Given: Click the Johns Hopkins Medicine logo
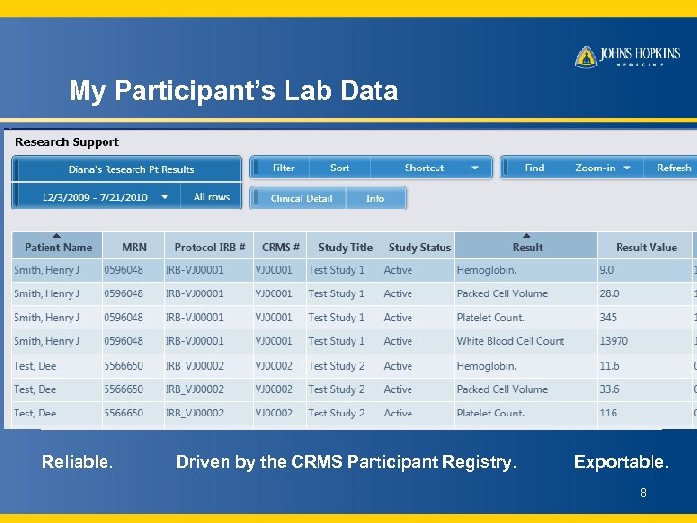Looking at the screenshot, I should pos(627,56).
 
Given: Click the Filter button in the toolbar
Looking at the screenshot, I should pos(284,168).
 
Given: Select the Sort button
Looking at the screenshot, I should pos(340,168).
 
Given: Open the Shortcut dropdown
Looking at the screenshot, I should pos(440,168).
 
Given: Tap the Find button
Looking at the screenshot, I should pos(534,168).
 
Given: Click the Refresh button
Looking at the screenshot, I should pos(674,168).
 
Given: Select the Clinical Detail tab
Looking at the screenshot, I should pos(301,199).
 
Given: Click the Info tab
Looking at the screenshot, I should pos(376,199).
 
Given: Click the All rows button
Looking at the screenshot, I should pos(212,197).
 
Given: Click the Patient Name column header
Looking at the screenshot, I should pos(59,247).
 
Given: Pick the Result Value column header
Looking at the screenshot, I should pos(646,247).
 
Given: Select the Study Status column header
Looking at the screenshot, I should pos(419,247).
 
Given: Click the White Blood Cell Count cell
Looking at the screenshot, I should pos(510,341).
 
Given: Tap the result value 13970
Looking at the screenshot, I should pos(614,341).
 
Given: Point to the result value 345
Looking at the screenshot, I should pos(608,317).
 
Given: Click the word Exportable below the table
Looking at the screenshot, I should pos(621,462).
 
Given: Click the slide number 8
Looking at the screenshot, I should pos(642,493).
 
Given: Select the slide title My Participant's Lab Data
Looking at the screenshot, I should pos(233,91).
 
